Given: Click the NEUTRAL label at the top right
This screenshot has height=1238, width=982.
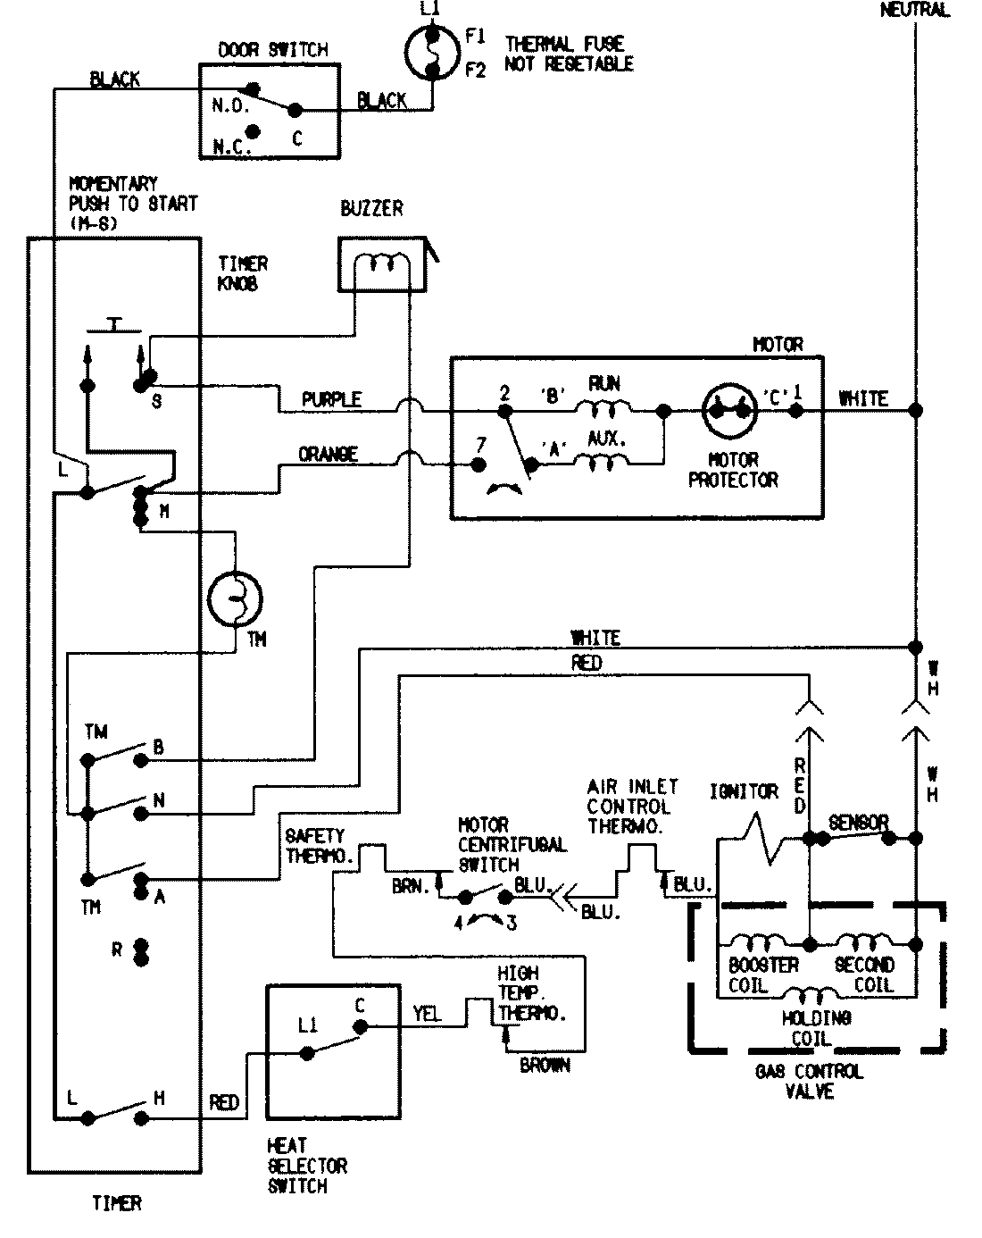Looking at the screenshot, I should [x=914, y=11].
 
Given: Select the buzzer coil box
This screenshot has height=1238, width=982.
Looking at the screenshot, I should [x=380, y=265].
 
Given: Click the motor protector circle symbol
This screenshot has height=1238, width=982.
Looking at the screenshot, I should [x=728, y=410].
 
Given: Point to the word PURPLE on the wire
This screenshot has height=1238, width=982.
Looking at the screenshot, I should [x=331, y=399].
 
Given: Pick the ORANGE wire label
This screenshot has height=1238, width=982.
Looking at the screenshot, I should [x=328, y=455].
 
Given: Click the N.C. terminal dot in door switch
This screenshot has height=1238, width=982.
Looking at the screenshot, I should [x=253, y=131].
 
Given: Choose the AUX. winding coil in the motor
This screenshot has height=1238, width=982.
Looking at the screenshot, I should [x=603, y=462].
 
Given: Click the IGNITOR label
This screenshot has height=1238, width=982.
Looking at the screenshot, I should [x=744, y=791].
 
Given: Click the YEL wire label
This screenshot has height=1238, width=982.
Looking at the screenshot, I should [x=427, y=1014].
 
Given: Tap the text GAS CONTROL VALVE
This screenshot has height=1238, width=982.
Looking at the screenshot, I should [x=809, y=1081].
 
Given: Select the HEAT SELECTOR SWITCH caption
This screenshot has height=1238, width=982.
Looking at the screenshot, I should [x=307, y=1166].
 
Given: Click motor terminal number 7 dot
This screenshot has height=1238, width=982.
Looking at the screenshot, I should [x=479, y=464].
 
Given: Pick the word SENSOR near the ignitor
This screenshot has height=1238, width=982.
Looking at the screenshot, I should [x=858, y=822].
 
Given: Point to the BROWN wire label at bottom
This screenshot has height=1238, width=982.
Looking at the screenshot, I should [x=545, y=1066].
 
